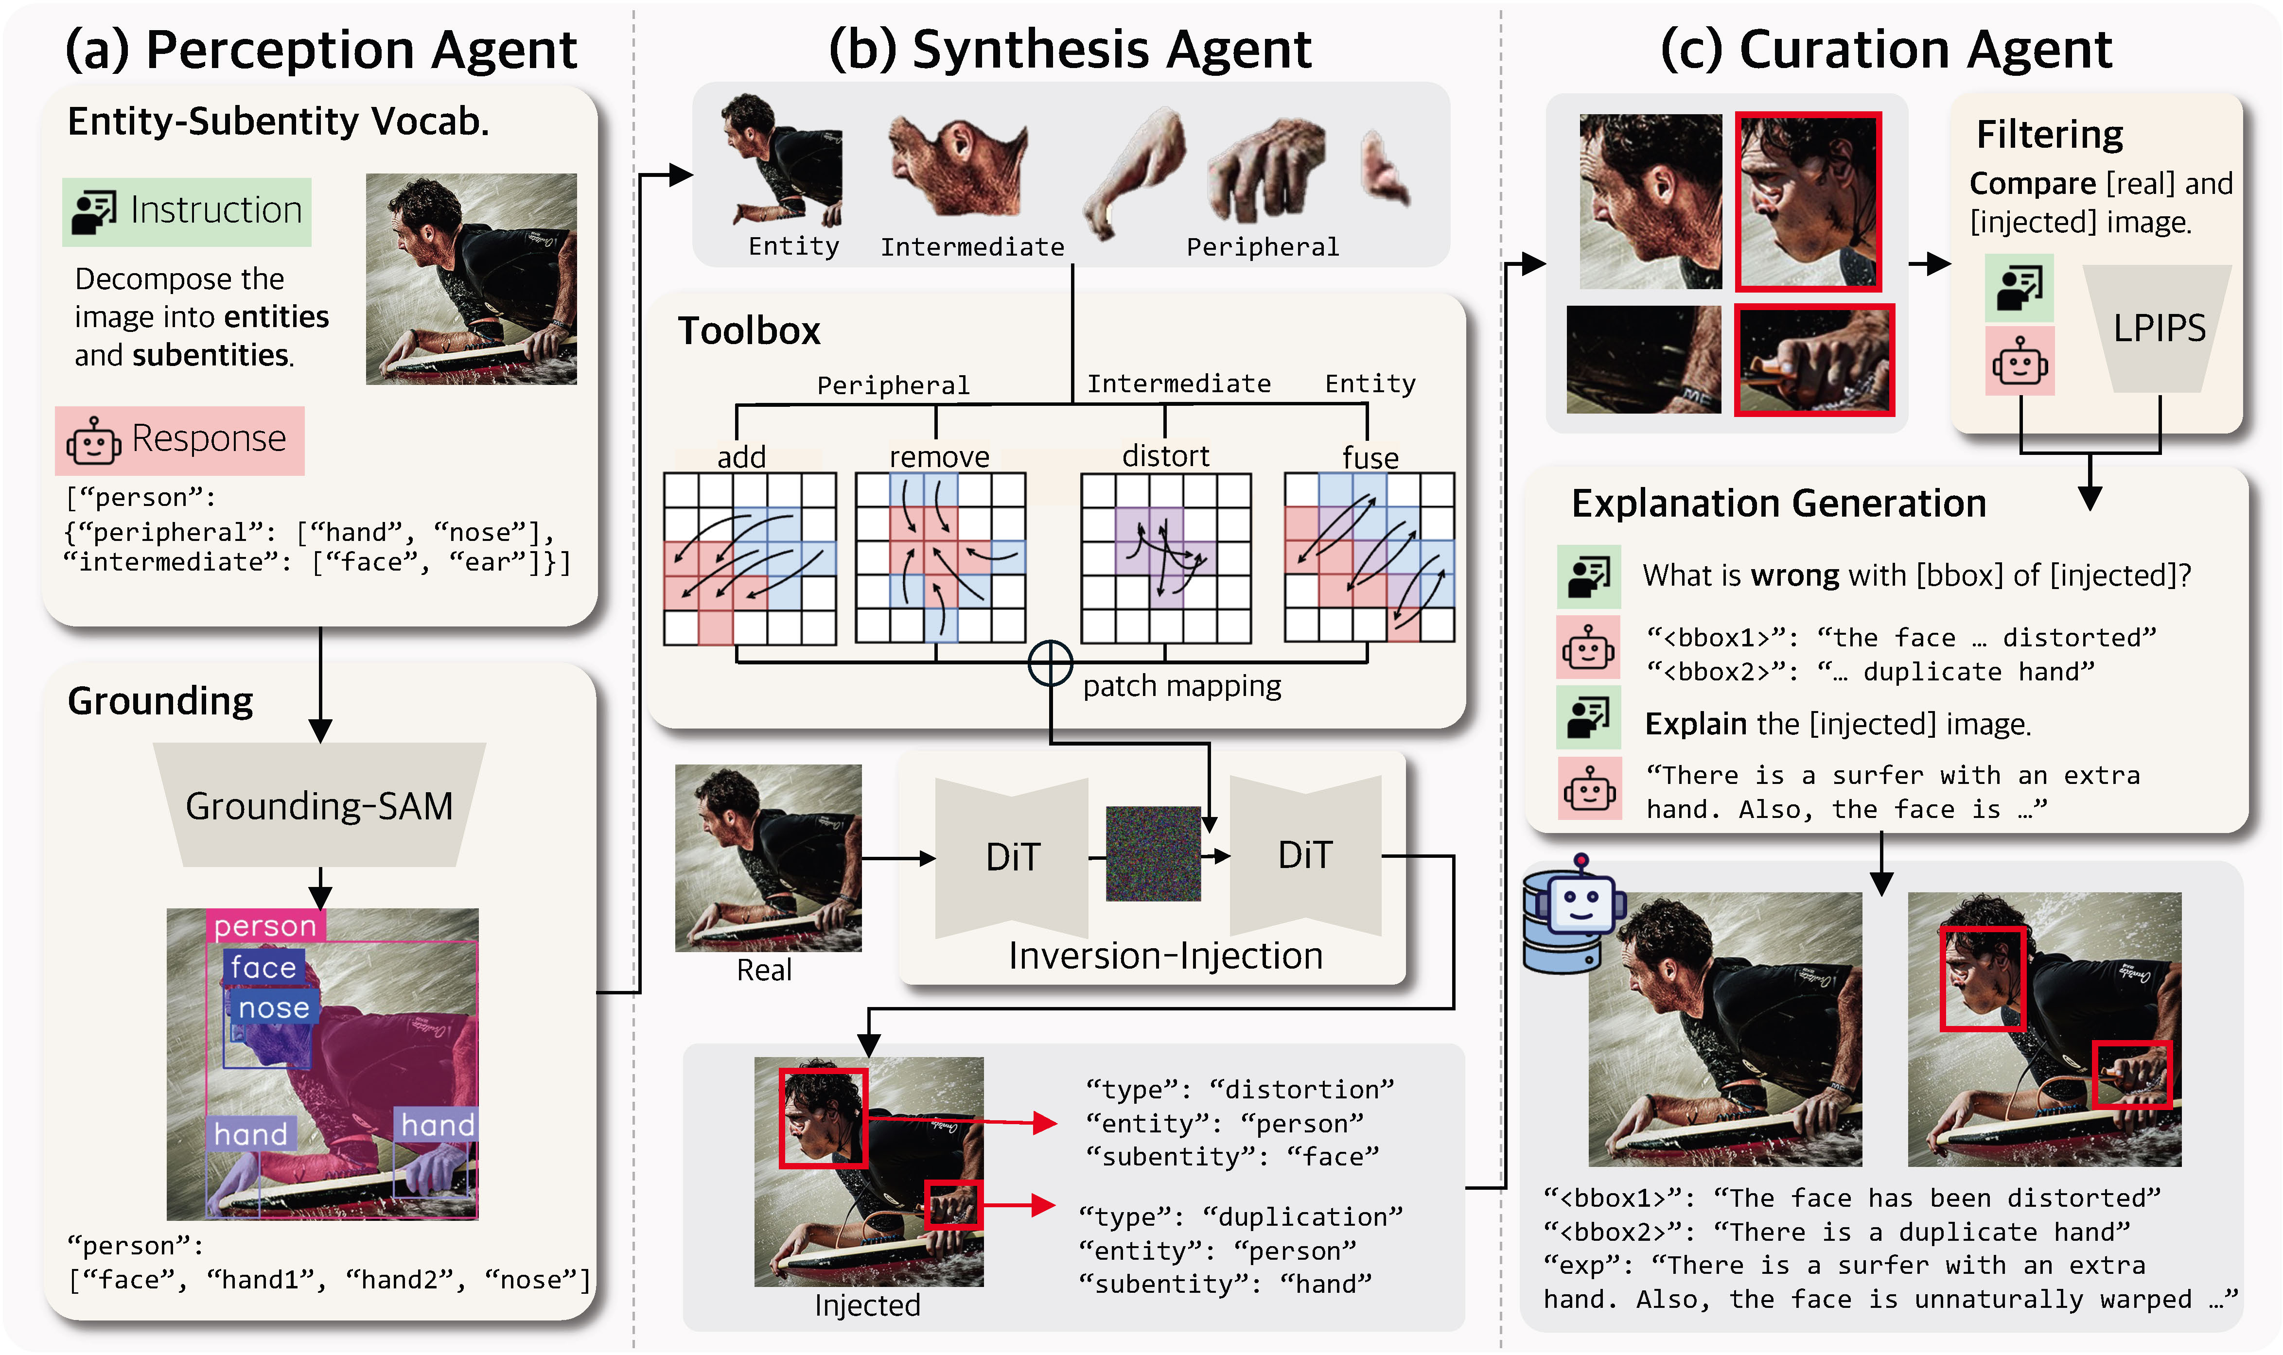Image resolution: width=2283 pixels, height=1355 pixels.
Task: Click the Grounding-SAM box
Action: pyautogui.click(x=319, y=805)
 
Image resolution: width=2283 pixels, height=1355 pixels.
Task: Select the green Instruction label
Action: pyautogui.click(x=187, y=211)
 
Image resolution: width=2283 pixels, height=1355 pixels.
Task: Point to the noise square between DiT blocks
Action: pyautogui.click(x=1153, y=854)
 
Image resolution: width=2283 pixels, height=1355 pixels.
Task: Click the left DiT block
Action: pyautogui.click(x=1012, y=856)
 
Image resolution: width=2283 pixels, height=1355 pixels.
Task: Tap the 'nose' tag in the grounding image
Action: pyautogui.click(x=273, y=1008)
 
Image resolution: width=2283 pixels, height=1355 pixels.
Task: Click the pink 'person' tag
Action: pyautogui.click(x=265, y=926)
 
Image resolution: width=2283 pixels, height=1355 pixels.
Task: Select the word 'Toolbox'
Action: pyautogui.click(x=749, y=330)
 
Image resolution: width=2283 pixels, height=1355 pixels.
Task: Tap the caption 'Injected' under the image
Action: pyautogui.click(x=867, y=1305)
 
